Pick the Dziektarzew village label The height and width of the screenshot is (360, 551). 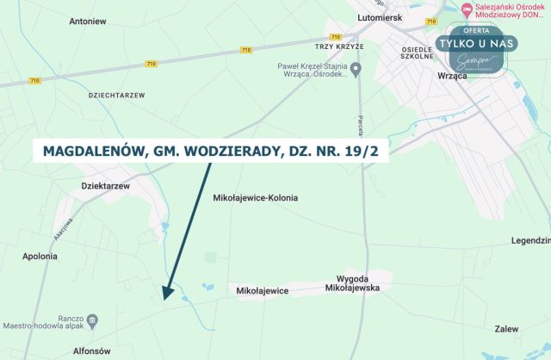[104, 185]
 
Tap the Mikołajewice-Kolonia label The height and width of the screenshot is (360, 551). [255, 197]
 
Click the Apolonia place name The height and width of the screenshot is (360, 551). [40, 256]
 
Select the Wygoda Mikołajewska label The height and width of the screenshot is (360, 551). [352, 283]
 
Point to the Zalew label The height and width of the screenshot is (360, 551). [507, 329]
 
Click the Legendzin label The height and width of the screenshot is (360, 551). [530, 240]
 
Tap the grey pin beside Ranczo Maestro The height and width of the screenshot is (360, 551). [93, 320]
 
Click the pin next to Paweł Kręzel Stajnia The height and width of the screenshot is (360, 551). [356, 69]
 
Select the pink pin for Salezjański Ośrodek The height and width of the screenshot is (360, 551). [467, 9]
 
